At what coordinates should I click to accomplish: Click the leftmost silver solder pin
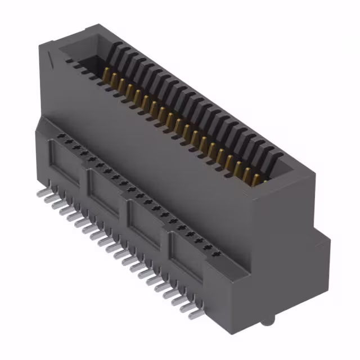pos(40,192)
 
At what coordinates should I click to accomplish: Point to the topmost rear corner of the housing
pos(100,25)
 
